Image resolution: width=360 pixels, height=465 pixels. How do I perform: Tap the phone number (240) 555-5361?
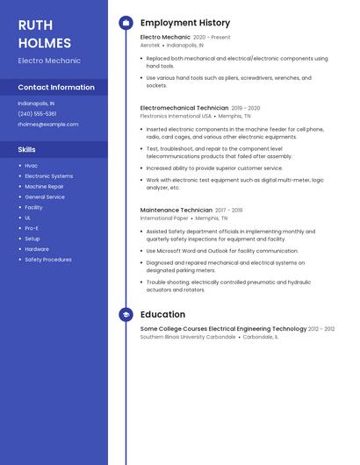pyautogui.click(x=37, y=113)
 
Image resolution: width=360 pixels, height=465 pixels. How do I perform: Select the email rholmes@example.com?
pyautogui.click(x=47, y=124)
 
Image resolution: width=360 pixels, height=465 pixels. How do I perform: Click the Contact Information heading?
pyautogui.click(x=56, y=87)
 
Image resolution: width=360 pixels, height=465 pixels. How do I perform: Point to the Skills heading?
pyautogui.click(x=27, y=149)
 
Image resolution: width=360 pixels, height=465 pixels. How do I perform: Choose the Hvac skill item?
pyautogui.click(x=32, y=166)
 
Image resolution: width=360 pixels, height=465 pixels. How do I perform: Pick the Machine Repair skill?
pyautogui.click(x=44, y=186)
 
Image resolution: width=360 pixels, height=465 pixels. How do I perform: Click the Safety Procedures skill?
pyautogui.click(x=48, y=260)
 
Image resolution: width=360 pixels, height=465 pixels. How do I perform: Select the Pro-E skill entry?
pyautogui.click(x=32, y=228)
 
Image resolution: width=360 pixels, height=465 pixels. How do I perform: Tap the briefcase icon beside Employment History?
pyautogui.click(x=126, y=23)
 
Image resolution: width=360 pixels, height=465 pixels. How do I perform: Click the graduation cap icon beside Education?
pyautogui.click(x=126, y=314)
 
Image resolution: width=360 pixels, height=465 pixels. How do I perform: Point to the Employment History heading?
pyautogui.click(x=185, y=23)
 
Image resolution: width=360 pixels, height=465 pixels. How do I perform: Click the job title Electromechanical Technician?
pyautogui.click(x=184, y=108)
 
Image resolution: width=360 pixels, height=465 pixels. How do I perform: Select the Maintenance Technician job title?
pyautogui.click(x=176, y=211)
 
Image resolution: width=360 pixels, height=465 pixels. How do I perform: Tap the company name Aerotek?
pyautogui.click(x=150, y=45)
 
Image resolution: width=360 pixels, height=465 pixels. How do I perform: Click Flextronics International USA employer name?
pyautogui.click(x=176, y=115)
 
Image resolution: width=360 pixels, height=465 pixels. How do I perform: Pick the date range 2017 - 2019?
pyautogui.click(x=228, y=211)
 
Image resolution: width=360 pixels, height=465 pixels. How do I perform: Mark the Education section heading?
pyautogui.click(x=162, y=314)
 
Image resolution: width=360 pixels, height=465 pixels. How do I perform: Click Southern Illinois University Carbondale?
pyautogui.click(x=188, y=336)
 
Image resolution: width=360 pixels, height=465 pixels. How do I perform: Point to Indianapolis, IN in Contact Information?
pyautogui.click(x=36, y=103)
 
